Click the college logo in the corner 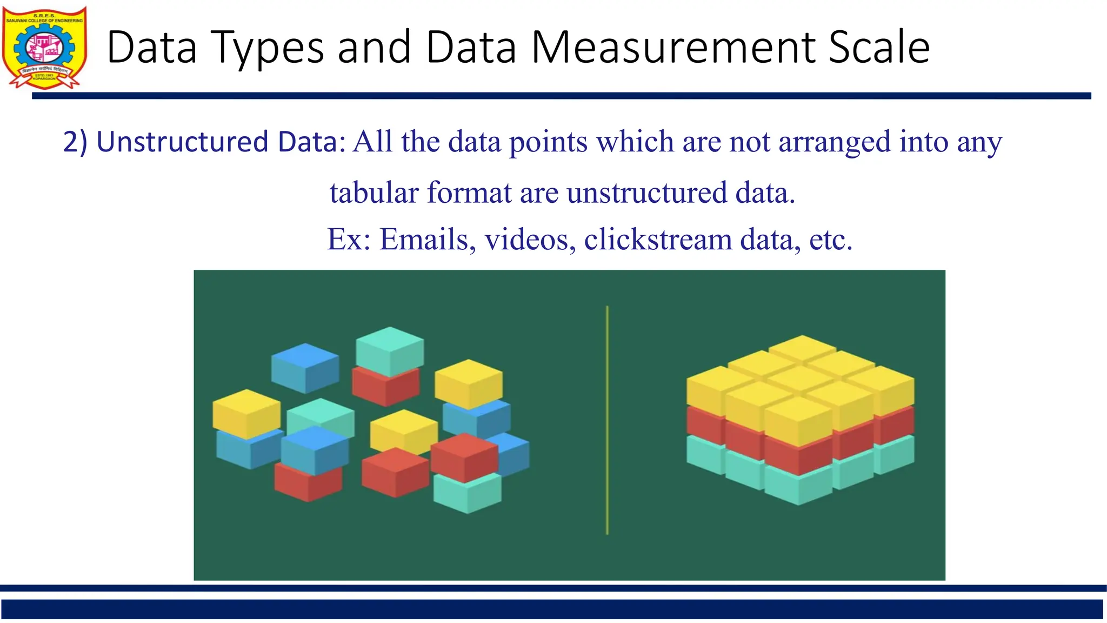point(44,48)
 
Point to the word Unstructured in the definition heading point(182,142)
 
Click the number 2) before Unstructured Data point(75,142)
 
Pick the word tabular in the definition point(374,193)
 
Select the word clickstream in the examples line point(658,239)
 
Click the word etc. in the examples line point(830,239)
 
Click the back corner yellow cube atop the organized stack point(802,348)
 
